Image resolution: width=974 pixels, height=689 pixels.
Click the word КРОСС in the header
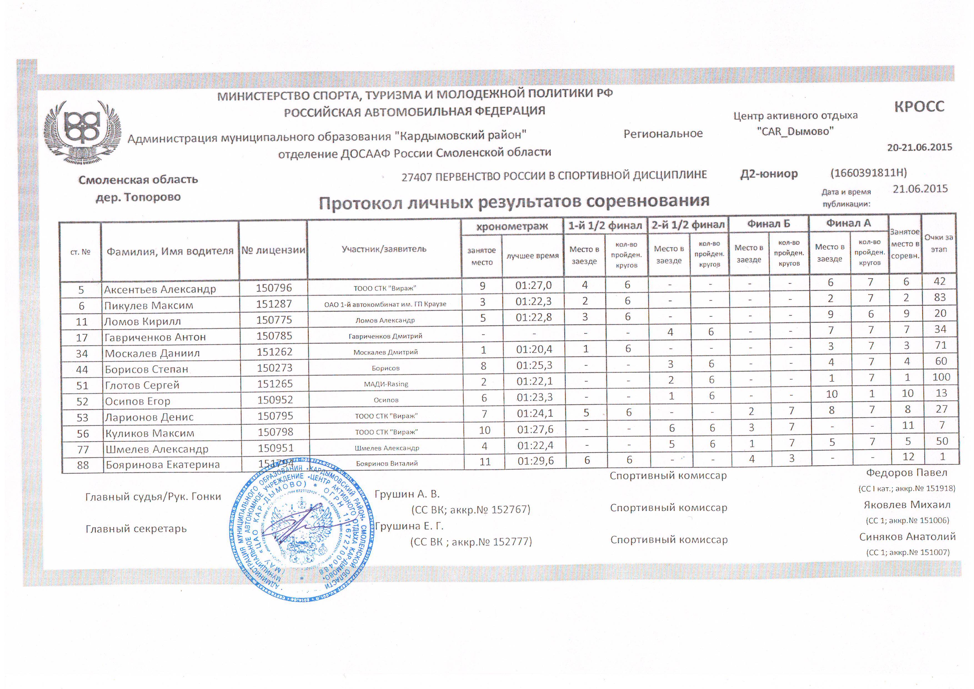coord(919,106)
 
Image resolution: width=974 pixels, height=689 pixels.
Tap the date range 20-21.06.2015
coord(919,147)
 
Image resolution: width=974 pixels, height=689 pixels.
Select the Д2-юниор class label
coord(769,174)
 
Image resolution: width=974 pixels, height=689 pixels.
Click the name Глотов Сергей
coord(142,385)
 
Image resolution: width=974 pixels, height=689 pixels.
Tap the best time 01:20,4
coord(534,349)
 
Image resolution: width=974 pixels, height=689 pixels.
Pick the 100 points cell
coord(941,377)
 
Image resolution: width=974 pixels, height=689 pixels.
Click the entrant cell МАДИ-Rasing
coord(385,384)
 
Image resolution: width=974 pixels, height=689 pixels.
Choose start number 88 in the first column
coord(83,465)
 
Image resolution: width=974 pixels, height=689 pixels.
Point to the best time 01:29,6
coord(535,461)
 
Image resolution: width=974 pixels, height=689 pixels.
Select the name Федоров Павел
coord(906,473)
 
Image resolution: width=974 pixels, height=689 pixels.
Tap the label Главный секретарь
coord(136,529)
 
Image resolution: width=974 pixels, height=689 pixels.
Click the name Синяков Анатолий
coord(907,537)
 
